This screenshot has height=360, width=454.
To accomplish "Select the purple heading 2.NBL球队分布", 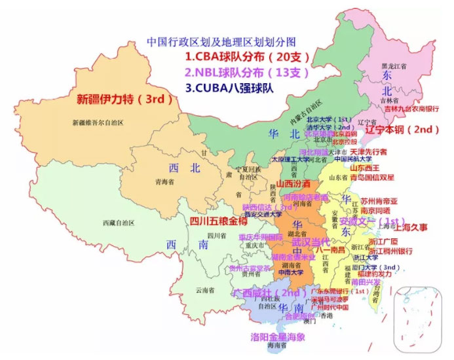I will (246, 72).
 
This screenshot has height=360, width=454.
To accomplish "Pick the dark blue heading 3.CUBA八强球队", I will (229, 87).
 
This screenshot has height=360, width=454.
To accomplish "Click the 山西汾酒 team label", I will (295, 185).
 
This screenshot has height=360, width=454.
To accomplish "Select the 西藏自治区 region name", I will (119, 223).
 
